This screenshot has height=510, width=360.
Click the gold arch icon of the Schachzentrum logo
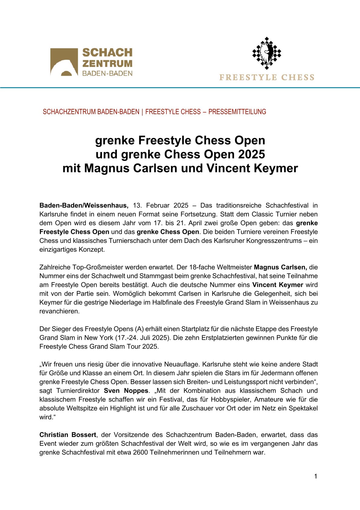point(64,62)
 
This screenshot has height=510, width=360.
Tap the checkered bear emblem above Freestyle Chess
point(266,53)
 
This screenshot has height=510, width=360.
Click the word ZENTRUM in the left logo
point(107,64)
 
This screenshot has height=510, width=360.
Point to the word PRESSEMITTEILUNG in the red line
point(237,112)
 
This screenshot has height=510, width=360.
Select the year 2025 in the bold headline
point(251,154)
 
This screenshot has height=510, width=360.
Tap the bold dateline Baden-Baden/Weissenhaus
point(84,205)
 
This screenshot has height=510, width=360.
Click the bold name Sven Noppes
point(126,391)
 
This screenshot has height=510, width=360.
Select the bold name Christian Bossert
point(68,435)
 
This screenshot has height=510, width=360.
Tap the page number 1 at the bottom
point(315,476)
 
